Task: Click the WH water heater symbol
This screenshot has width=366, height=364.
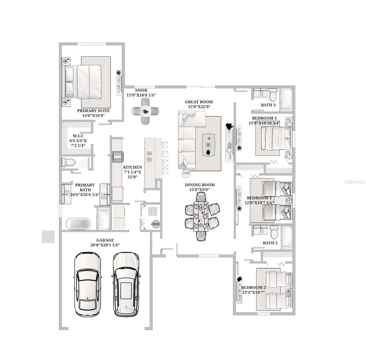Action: [156, 224]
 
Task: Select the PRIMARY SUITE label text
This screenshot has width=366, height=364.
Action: [93, 111]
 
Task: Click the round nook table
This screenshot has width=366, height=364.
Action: [146, 111]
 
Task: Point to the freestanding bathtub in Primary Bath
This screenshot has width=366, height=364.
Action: [78, 224]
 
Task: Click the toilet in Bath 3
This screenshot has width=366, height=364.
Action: [273, 95]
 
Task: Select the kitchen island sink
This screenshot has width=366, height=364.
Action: [149, 155]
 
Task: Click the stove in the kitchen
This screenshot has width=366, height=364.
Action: [117, 157]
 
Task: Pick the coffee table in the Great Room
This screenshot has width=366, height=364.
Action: [208, 145]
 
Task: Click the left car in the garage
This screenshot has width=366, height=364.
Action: [88, 284]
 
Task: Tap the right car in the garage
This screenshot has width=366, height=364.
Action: [126, 284]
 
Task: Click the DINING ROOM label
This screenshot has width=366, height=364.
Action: [200, 185]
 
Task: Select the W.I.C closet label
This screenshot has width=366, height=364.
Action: [78, 136]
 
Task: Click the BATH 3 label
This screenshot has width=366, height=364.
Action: [268, 105]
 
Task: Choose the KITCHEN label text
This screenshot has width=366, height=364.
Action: [132, 167]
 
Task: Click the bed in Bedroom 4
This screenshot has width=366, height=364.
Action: [274, 138]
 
